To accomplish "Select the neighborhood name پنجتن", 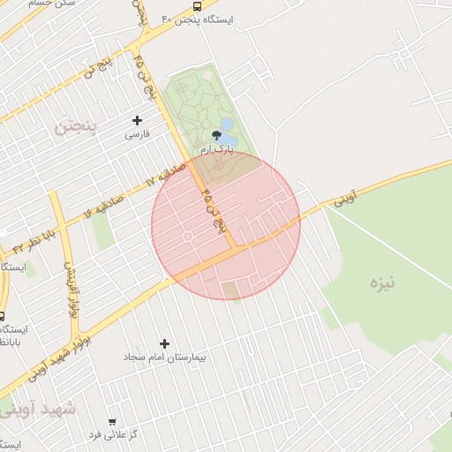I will [75, 126].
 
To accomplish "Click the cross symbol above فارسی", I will [137, 120].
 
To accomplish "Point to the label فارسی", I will [137, 134].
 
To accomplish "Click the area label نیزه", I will [381, 284].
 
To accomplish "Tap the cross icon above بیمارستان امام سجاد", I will [164, 343].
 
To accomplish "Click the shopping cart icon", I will [111, 422].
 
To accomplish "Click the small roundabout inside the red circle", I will [187, 237].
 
